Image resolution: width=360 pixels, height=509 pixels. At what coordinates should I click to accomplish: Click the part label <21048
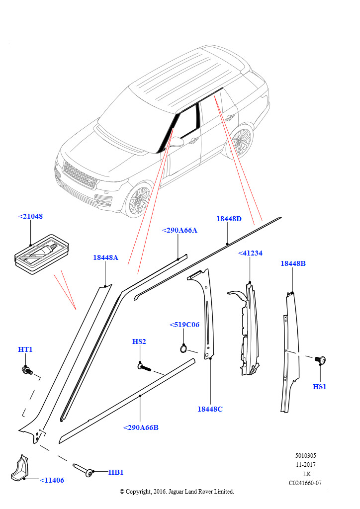point(30,217)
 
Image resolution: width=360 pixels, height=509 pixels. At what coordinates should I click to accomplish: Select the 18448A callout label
point(105,257)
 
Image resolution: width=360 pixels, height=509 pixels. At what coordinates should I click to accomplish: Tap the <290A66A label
point(180,230)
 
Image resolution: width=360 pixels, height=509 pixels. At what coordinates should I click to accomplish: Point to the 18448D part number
point(229,219)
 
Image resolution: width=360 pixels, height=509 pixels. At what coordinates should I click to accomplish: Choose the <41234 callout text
point(250,253)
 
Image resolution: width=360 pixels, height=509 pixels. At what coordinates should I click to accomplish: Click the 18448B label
point(293,263)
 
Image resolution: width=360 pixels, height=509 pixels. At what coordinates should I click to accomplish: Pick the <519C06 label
point(184,325)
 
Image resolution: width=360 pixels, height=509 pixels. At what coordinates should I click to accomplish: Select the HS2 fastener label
point(139,341)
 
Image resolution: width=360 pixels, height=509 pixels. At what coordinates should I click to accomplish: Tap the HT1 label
point(25,349)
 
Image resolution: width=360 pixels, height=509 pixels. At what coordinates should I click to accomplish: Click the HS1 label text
point(320,387)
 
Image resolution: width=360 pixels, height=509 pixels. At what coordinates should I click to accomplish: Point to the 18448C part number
point(210,409)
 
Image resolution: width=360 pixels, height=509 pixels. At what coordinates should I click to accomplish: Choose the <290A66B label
point(141,427)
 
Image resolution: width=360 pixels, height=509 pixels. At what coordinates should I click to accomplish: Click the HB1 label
point(116,472)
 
